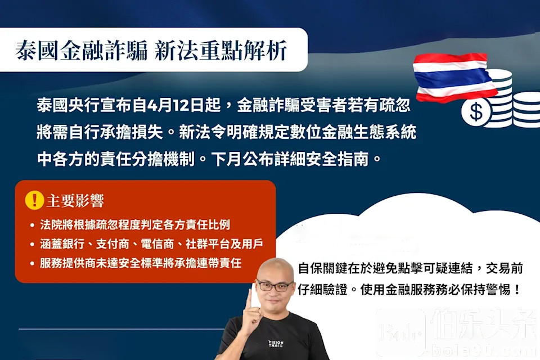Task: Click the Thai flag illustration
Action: click(x=454, y=78)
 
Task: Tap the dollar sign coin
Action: click(x=476, y=112)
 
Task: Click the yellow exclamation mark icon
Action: click(x=34, y=200)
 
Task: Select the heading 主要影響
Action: click(x=75, y=201)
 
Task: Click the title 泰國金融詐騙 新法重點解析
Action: click(x=151, y=51)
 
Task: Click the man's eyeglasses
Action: click(x=274, y=286)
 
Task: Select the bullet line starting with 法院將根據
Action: click(x=135, y=224)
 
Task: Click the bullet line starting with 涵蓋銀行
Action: click(x=151, y=244)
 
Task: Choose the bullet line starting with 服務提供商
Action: click(x=141, y=263)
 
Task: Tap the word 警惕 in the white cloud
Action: click(x=499, y=289)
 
